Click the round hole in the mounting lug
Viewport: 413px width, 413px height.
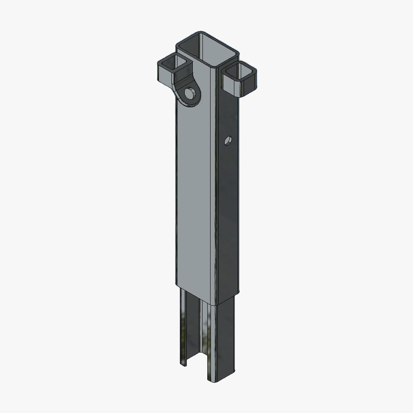(x=188, y=94)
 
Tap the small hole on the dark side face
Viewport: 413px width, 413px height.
(x=228, y=141)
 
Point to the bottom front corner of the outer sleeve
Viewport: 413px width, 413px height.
(x=218, y=303)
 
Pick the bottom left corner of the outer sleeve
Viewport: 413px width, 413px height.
(x=177, y=284)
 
